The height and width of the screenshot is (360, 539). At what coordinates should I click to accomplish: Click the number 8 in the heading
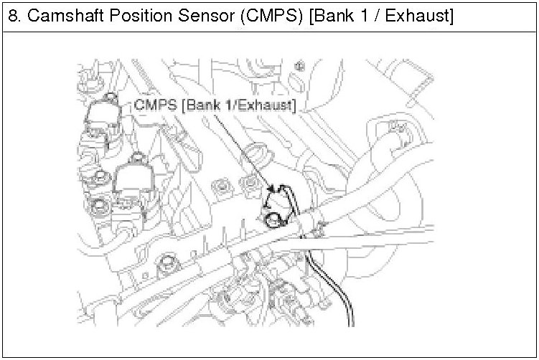coord(12,16)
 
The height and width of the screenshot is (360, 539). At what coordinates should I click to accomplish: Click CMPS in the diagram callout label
coord(156,105)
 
